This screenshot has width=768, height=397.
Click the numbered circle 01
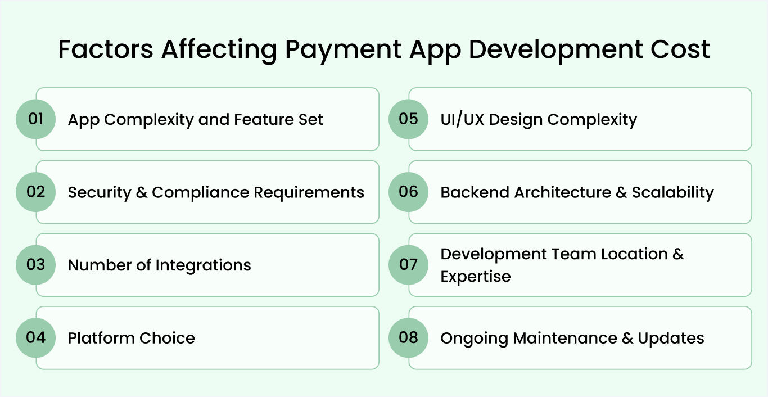pyautogui.click(x=35, y=119)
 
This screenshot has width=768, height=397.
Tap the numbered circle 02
pyautogui.click(x=35, y=192)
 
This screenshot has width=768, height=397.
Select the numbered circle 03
pyautogui.click(x=35, y=265)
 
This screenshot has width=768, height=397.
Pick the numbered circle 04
pyautogui.click(x=35, y=338)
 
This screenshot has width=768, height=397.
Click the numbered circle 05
pyautogui.click(x=408, y=119)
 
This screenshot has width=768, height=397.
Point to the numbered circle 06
pyautogui.click(x=408, y=192)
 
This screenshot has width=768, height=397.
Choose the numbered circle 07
pyautogui.click(x=408, y=265)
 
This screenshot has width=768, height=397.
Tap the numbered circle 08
pyautogui.click(x=408, y=338)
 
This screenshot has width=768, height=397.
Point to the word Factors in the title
pyautogui.click(x=106, y=49)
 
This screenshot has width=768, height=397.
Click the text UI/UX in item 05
pyautogui.click(x=462, y=120)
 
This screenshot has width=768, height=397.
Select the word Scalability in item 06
pyautogui.click(x=672, y=192)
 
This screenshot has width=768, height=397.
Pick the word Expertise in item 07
pyautogui.click(x=475, y=277)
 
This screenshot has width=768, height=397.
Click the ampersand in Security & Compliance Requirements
pyautogui.click(x=142, y=192)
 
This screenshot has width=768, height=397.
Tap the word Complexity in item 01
pyautogui.click(x=149, y=120)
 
